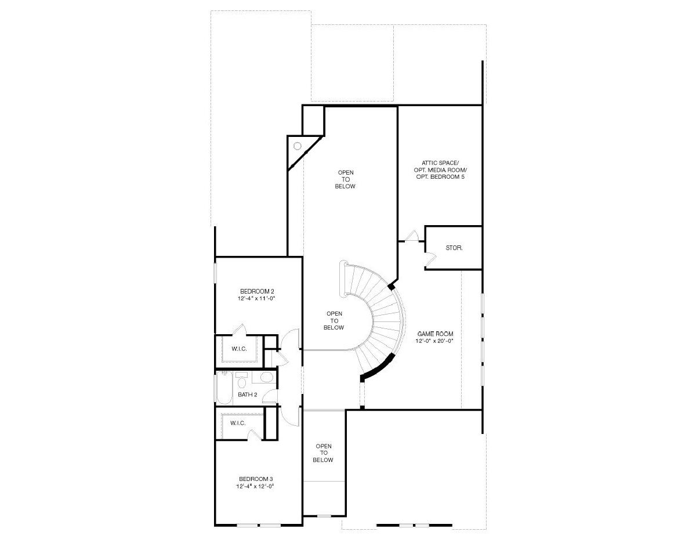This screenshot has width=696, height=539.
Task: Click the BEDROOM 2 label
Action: click(x=257, y=291)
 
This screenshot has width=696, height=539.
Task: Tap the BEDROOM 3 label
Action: click(x=256, y=479)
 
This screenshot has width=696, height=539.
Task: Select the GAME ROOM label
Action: click(x=435, y=334)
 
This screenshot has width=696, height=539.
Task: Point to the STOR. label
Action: click(x=454, y=248)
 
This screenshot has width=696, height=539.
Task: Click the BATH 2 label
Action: click(x=247, y=395)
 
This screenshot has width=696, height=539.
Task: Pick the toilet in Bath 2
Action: click(x=241, y=382)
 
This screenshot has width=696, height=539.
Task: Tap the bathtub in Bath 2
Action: click(x=224, y=387)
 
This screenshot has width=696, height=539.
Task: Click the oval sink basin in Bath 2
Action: click(x=266, y=377)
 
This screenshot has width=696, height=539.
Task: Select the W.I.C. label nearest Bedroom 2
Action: click(x=239, y=349)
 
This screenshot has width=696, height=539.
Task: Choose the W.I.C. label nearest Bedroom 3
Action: click(x=238, y=423)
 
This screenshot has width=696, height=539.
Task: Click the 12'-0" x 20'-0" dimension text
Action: click(x=434, y=341)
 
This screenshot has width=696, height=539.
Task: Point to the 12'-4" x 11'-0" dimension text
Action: click(x=256, y=298)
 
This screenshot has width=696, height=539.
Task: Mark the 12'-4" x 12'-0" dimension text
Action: click(x=255, y=486)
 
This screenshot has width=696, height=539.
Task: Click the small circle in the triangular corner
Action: click(x=297, y=146)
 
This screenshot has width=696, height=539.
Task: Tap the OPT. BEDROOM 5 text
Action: click(x=440, y=176)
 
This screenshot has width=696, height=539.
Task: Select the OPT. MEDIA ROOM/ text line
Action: click(x=440, y=169)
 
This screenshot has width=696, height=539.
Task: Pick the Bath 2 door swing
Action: click(x=270, y=396)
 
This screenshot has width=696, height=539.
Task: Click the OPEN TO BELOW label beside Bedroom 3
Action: click(x=323, y=453)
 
